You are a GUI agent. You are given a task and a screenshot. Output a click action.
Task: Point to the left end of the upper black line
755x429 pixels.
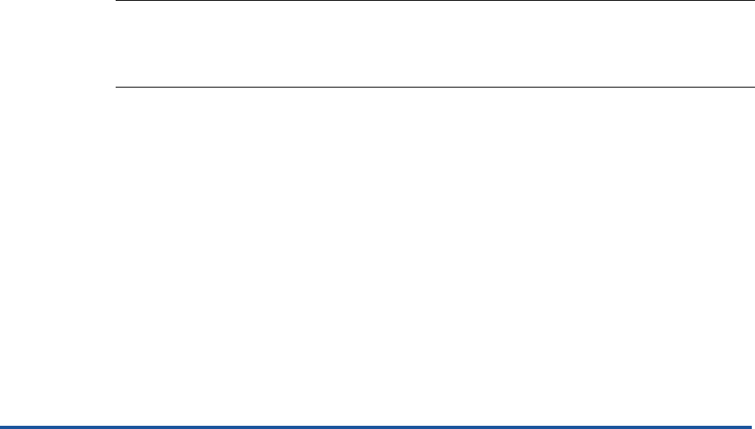click(117, 1)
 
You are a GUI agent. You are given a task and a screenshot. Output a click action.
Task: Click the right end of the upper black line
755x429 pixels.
click(753, 1)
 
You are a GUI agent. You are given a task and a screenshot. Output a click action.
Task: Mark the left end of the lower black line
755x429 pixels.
click(117, 87)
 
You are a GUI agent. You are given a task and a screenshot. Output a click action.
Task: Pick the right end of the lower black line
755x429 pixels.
click(753, 87)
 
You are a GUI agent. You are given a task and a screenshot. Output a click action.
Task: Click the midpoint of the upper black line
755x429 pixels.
click(435, 1)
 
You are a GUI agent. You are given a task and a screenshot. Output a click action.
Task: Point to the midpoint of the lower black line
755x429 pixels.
click(435, 87)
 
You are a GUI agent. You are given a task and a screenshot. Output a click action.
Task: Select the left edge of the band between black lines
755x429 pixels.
click(119, 44)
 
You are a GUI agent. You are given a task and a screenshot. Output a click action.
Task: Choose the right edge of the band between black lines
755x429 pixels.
click(752, 44)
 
